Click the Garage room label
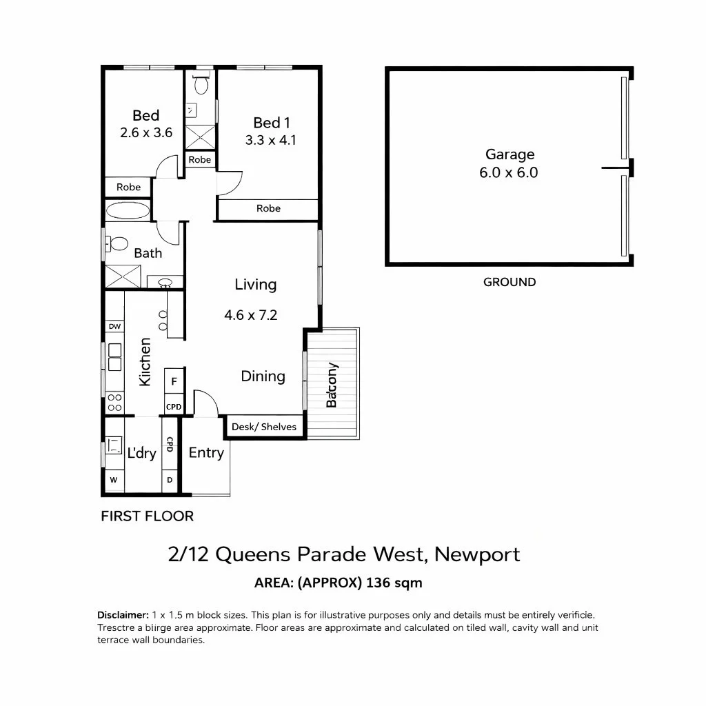510,154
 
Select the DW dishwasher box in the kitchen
114,326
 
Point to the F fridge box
174,381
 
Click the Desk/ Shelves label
264,427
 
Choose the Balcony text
332,385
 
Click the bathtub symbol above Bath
128,211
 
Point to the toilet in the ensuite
201,85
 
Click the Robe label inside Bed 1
268,208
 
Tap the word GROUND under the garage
510,282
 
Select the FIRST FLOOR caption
147,516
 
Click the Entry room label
206,453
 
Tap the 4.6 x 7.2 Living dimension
250,315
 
